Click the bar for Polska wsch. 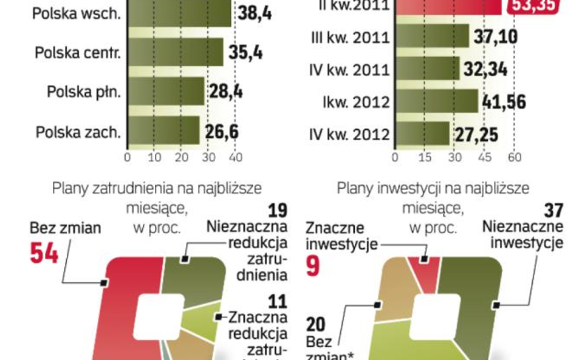coord(179,12)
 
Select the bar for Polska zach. coord(163,131)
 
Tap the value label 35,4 coord(245,52)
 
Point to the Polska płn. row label coord(84,92)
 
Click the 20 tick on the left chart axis coord(181,157)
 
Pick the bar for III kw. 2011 coord(432,36)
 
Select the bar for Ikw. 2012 coord(436,101)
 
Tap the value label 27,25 coord(477,134)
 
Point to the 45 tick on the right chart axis coord(484,157)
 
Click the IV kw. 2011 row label coord(349,69)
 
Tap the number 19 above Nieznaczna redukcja coord(277,211)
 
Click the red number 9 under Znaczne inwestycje coord(312,266)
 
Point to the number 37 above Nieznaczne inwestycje coord(553,211)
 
